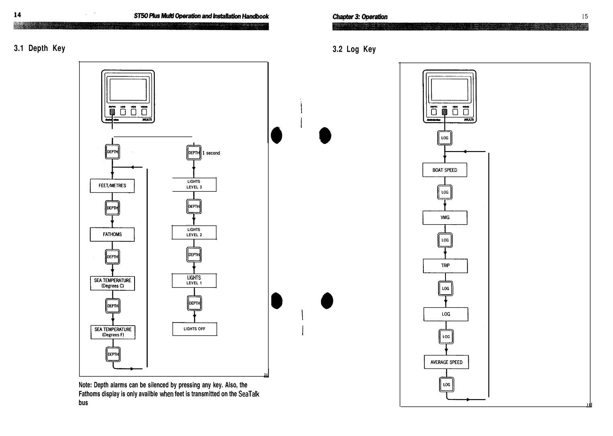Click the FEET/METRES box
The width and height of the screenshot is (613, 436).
pyautogui.click(x=112, y=186)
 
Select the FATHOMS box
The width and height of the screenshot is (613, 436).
pyautogui.click(x=112, y=234)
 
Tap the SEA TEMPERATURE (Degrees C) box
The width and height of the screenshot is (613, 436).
pyautogui.click(x=112, y=283)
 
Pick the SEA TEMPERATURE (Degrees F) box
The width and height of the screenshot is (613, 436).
pyautogui.click(x=113, y=332)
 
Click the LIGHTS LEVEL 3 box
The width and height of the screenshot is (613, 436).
pyautogui.click(x=194, y=185)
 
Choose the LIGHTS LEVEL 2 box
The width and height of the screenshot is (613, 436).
pyautogui.click(x=194, y=232)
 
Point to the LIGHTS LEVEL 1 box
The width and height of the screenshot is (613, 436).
pyautogui.click(x=194, y=280)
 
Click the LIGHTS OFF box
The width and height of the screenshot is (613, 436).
pyautogui.click(x=194, y=329)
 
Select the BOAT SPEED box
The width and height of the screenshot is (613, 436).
pyautogui.click(x=445, y=170)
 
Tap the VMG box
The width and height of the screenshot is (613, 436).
pyautogui.click(x=445, y=217)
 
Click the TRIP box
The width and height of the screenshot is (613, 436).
pyautogui.click(x=445, y=266)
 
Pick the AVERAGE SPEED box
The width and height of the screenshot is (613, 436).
pyautogui.click(x=446, y=362)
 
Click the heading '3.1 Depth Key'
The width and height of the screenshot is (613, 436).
pyautogui.click(x=39, y=49)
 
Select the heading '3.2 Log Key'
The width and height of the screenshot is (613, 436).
pyautogui.click(x=354, y=49)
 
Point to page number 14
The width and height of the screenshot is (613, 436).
pyautogui.click(x=17, y=15)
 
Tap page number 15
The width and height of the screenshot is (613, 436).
pyautogui.click(x=584, y=16)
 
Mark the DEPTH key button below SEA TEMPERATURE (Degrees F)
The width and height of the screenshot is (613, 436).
pyautogui.click(x=113, y=355)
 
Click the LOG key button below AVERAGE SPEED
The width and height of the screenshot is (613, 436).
pyautogui.click(x=446, y=385)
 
